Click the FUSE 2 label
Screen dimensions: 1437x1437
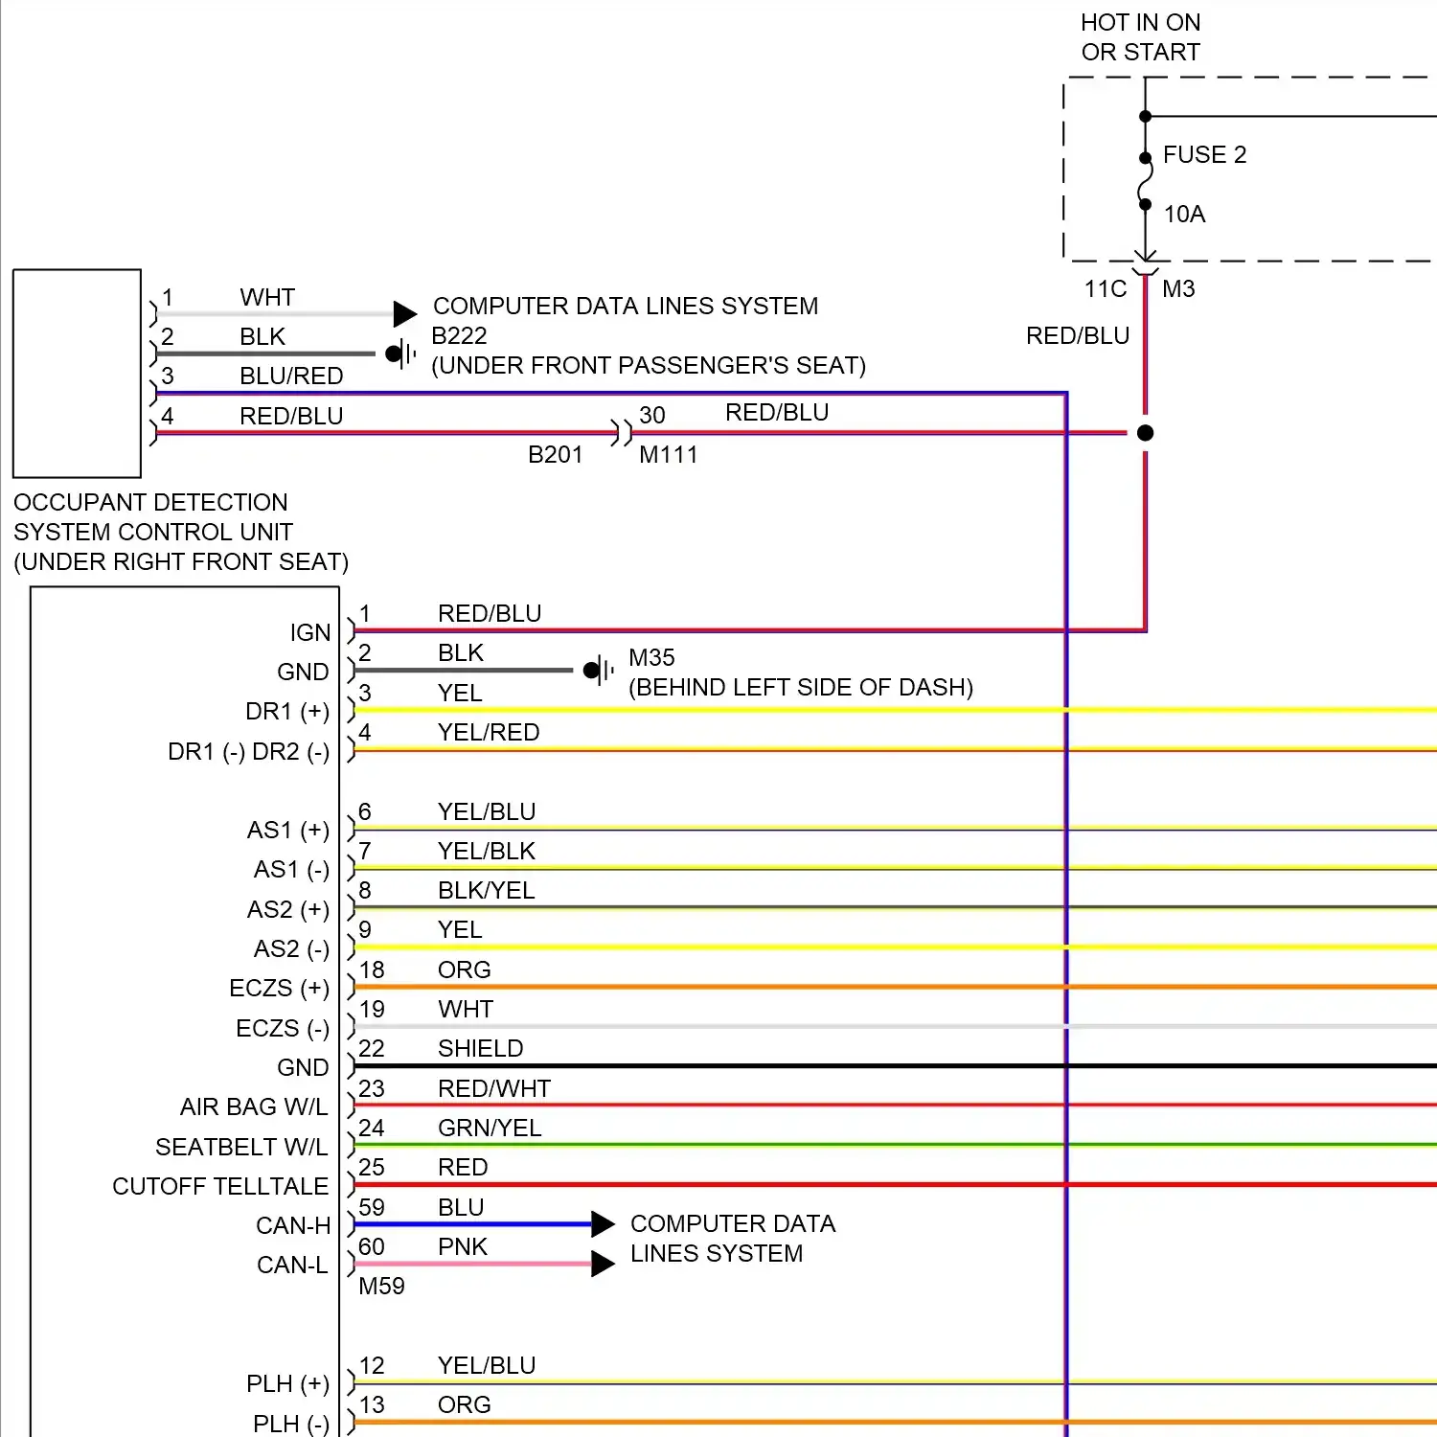[x=1204, y=155]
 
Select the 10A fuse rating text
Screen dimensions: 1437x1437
[x=1184, y=215]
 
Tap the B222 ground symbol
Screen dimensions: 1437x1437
[x=400, y=354]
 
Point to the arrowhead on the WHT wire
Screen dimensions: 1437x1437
[x=405, y=313]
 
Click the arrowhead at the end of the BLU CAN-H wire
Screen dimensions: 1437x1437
[x=603, y=1224]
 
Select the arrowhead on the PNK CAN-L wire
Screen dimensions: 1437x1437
[x=603, y=1264]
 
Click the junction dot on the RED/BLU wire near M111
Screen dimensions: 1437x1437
[x=1145, y=433]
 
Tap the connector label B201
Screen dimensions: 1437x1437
[x=555, y=455]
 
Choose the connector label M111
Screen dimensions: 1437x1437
[x=668, y=455]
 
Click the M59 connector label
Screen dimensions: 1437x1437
[x=381, y=1287]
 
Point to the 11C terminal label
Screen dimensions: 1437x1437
[x=1105, y=289]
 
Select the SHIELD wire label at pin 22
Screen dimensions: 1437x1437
[x=480, y=1049]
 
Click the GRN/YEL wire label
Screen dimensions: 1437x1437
[x=490, y=1129]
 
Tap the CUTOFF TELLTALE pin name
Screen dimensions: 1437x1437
[x=220, y=1187]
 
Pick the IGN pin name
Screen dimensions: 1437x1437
[x=310, y=633]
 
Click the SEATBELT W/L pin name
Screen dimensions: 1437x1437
[x=241, y=1148]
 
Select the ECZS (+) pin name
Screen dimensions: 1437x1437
[x=279, y=989]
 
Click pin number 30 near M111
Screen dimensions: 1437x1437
[x=652, y=416]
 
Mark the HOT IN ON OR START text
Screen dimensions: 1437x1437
[x=1140, y=37]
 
